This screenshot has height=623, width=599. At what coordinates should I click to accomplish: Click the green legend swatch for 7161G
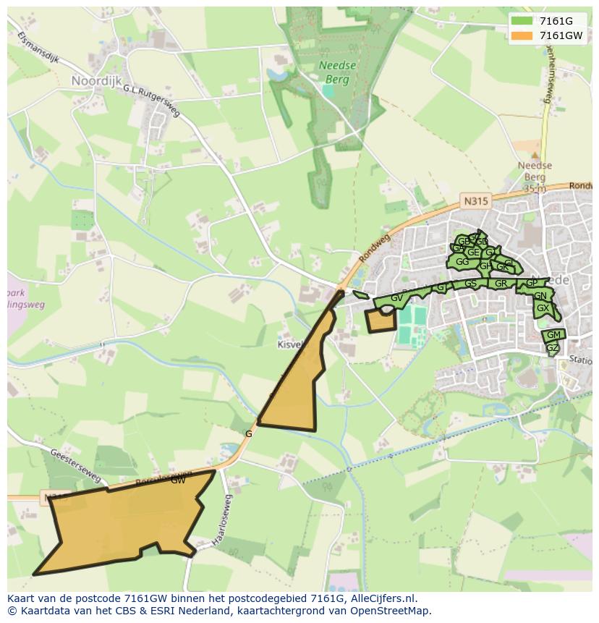coord(521,21)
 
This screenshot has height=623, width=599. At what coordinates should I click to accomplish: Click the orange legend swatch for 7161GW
coord(521,35)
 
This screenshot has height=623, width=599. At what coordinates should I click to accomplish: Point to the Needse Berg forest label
coord(337,72)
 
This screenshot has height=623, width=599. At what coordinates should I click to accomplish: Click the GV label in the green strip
coord(396,298)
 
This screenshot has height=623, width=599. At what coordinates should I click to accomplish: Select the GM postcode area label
coord(553,335)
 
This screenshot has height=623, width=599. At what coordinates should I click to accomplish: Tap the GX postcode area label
coord(543,308)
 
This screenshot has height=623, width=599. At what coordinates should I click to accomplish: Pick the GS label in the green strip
coord(471,284)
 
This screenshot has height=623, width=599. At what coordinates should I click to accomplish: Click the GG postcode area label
coord(462,262)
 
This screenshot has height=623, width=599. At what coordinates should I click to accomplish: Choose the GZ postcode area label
coord(552,348)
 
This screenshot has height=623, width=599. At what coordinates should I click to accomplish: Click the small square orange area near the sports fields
coord(381,321)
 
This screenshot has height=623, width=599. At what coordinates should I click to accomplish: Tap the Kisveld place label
coord(289,345)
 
